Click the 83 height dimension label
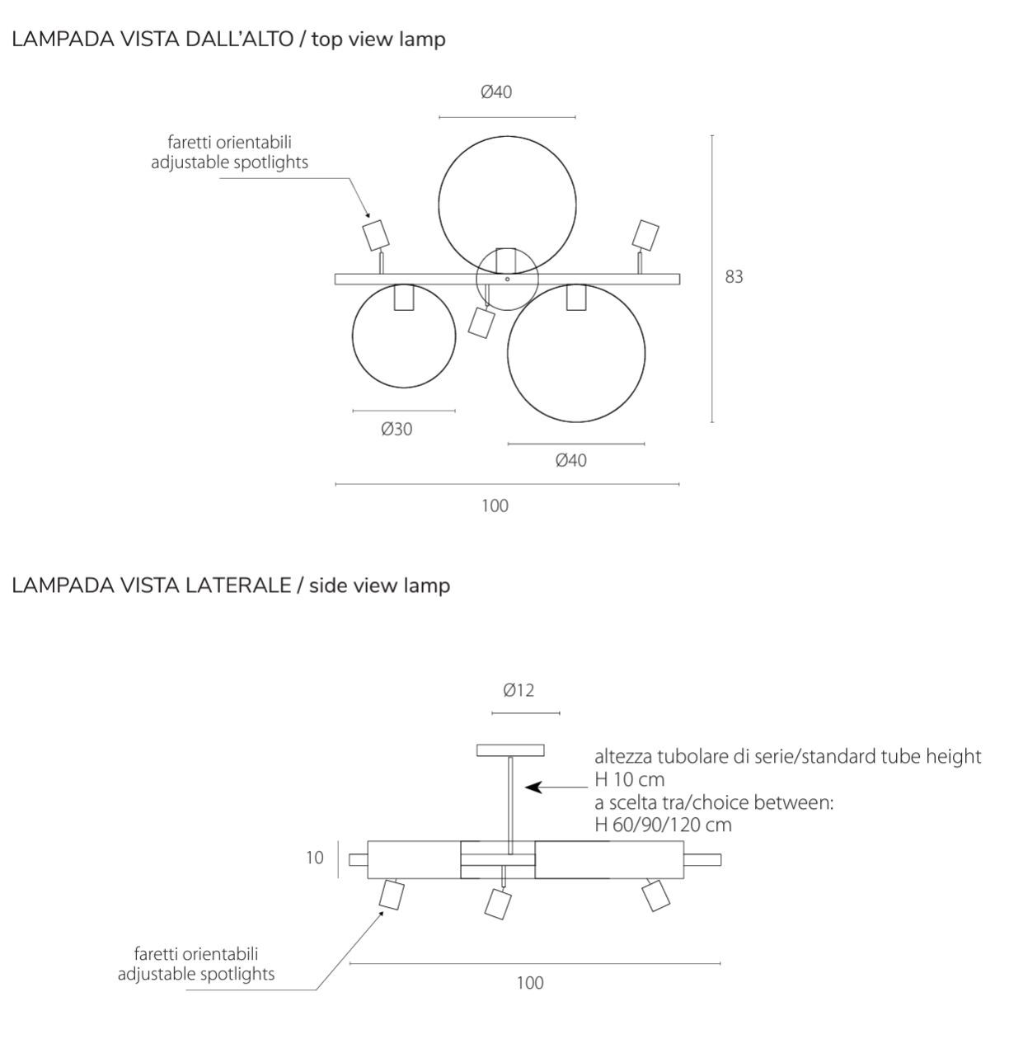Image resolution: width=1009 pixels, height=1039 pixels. tap(734, 277)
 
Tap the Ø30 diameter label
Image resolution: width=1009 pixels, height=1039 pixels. tap(397, 430)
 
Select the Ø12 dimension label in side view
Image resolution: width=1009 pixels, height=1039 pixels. tap(519, 691)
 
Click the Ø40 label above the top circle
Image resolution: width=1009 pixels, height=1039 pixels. tap(496, 92)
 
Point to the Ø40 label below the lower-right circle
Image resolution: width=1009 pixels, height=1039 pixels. tap(571, 461)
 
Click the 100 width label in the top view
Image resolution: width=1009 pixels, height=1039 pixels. tap(495, 506)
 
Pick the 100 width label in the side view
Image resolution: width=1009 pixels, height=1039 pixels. tap(531, 983)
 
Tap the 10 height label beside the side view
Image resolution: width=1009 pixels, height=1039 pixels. tap(315, 858)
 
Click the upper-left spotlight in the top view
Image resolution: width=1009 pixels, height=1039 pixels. tap(375, 234)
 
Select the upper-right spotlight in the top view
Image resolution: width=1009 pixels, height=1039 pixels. tap(645, 234)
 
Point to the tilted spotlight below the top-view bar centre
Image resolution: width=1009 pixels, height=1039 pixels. tap(480, 322)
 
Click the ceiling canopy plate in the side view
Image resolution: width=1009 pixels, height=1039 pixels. tap(511, 750)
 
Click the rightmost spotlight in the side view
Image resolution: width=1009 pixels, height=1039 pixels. tap(655, 895)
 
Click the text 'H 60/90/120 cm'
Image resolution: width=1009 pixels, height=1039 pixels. tap(663, 825)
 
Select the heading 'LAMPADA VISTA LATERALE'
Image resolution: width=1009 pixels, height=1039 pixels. tap(152, 585)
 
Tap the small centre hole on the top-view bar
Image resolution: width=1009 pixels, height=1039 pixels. tap(507, 280)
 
